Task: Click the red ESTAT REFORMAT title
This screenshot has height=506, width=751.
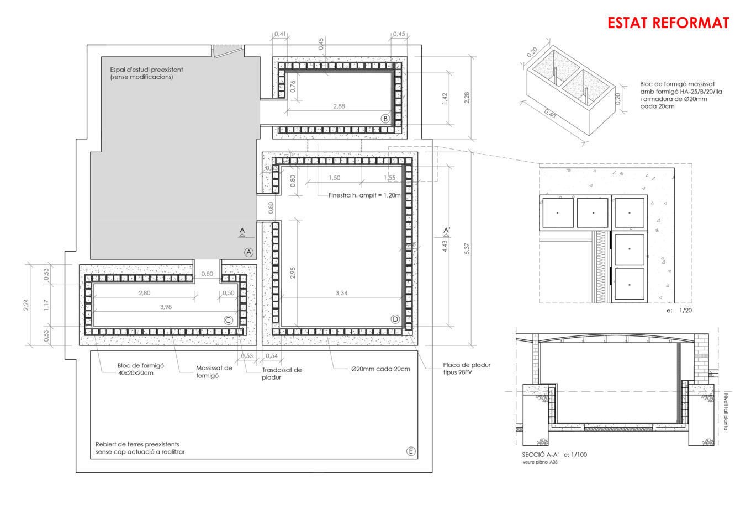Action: click(668, 23)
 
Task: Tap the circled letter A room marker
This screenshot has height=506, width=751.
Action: click(248, 252)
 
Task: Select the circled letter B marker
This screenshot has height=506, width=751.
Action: click(385, 118)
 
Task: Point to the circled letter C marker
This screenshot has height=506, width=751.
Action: click(228, 320)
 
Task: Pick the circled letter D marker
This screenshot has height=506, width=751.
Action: click(395, 319)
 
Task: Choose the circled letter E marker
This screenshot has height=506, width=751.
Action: click(411, 451)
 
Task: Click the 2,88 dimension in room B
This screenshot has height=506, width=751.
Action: click(339, 106)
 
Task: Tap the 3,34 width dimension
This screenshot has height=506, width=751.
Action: click(341, 293)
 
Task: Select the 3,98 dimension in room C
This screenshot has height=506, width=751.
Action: click(166, 307)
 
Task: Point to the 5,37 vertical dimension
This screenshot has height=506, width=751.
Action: click(467, 248)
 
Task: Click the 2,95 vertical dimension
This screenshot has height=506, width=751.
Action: click(293, 273)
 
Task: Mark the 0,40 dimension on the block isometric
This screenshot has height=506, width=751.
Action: click(550, 114)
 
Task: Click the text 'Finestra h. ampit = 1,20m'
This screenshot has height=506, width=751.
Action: click(364, 195)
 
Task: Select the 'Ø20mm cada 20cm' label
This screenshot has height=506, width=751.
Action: click(380, 369)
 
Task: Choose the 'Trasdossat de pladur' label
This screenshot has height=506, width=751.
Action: click(282, 374)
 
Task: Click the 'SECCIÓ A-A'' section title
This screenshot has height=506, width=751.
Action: click(541, 455)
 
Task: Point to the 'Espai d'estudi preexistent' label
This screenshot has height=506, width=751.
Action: click(146, 70)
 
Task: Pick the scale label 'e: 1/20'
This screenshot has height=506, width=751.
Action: click(679, 310)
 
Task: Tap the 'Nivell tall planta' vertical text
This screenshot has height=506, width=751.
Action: click(726, 412)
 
